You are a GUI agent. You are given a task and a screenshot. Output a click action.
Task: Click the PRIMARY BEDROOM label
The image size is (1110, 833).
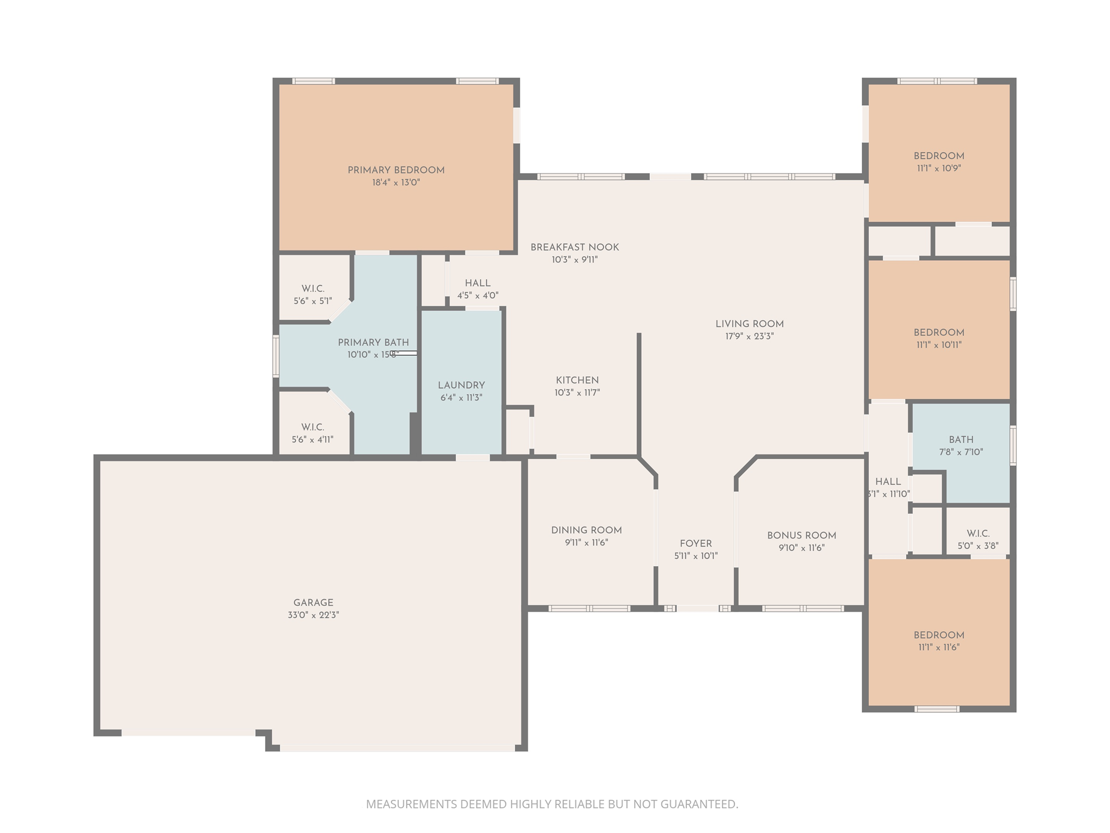(396, 170)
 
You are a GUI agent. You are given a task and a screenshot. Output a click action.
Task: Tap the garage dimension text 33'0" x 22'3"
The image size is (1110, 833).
(313, 615)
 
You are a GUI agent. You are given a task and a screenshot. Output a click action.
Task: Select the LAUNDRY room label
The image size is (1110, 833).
(461, 385)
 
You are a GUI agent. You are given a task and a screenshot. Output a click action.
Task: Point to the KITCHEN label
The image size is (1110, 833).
(577, 380)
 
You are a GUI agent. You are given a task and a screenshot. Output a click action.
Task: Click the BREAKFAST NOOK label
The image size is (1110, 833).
(575, 247)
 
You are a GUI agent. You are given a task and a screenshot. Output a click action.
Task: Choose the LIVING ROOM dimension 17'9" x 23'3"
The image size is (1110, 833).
(750, 336)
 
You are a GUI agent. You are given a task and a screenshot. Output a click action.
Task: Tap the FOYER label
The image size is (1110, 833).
(696, 543)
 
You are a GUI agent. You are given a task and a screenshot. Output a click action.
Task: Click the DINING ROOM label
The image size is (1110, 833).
(586, 530)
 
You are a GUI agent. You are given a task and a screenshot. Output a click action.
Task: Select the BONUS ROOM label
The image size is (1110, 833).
(802, 535)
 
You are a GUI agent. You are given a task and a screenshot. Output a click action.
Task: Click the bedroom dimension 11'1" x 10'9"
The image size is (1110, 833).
(939, 168)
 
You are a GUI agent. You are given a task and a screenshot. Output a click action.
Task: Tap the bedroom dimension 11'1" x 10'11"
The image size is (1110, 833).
(939, 345)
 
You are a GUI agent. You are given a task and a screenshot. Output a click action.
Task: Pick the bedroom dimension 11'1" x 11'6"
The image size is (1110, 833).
(939, 648)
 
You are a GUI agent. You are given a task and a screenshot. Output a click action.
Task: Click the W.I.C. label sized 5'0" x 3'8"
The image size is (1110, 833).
(978, 534)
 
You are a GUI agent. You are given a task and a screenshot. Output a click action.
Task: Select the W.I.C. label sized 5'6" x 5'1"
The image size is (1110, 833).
(313, 289)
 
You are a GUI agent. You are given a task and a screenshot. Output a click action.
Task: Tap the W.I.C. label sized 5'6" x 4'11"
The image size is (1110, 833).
(313, 427)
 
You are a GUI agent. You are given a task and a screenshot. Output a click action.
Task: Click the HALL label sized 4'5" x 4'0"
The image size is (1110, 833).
(477, 283)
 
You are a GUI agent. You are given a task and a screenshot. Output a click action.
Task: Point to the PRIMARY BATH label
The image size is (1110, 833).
(373, 342)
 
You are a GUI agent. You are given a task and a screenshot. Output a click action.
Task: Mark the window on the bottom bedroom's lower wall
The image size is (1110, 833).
(937, 709)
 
